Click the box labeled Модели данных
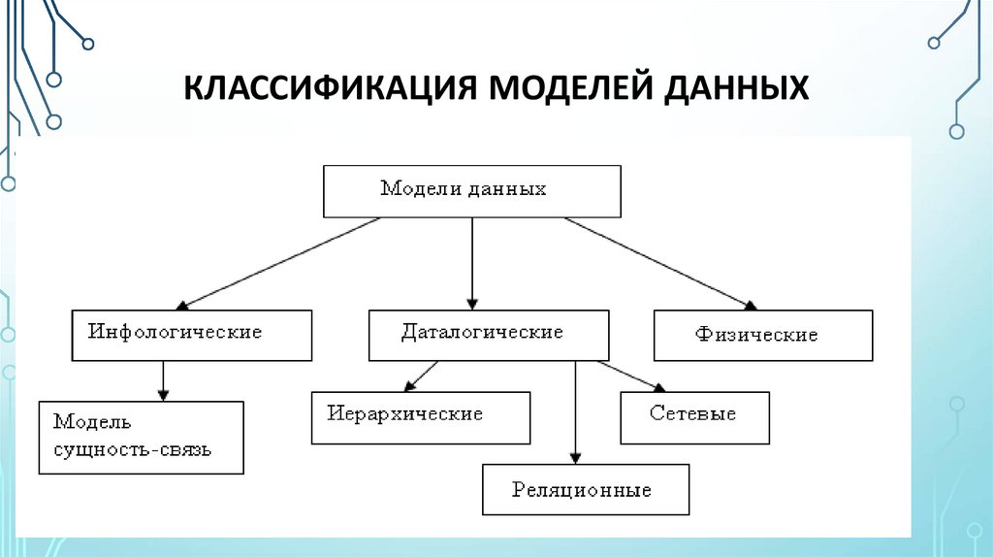tap(471, 190)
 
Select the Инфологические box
tap(192, 335)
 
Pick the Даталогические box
tap(489, 335)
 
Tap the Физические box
tap(763, 336)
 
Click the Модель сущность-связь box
tap(141, 437)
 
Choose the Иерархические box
tap(421, 417)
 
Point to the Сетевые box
tap(694, 417)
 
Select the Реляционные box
tap(585, 489)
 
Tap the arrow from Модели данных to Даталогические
tap(472, 262)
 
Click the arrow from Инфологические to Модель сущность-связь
tap(164, 380)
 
